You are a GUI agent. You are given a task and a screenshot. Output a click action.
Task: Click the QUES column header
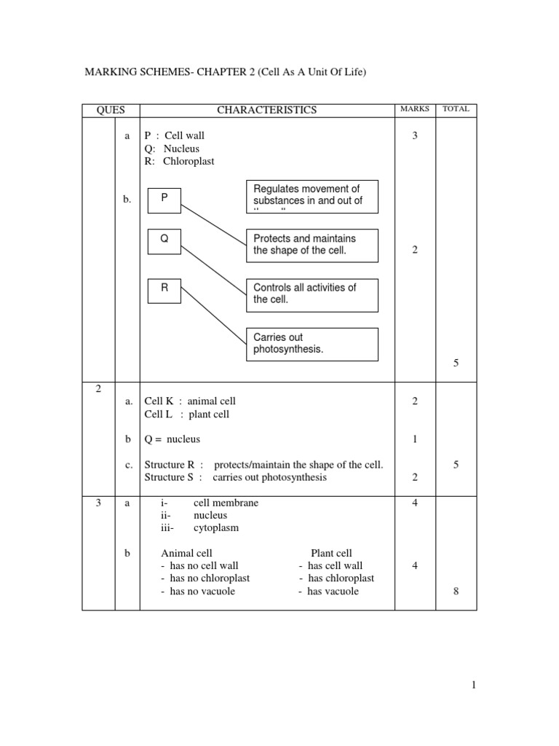pyautogui.click(x=111, y=110)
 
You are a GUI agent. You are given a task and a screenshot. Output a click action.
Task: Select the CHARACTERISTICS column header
pyautogui.click(x=266, y=110)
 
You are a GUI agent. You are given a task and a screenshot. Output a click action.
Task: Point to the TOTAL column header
pyautogui.click(x=456, y=109)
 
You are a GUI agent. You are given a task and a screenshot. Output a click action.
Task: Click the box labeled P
pyautogui.click(x=164, y=200)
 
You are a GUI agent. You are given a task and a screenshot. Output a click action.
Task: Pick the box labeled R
pyautogui.click(x=164, y=289)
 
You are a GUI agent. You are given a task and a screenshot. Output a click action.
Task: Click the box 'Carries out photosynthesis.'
pyautogui.click(x=312, y=344)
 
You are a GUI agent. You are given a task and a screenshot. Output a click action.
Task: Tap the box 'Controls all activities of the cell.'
pyautogui.click(x=312, y=294)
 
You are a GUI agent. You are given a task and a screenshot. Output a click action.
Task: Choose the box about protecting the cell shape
pyautogui.click(x=312, y=245)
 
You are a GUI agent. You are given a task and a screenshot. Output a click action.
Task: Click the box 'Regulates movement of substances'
pyautogui.click(x=312, y=196)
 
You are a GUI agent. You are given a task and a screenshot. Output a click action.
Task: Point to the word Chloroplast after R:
pyautogui.click(x=189, y=162)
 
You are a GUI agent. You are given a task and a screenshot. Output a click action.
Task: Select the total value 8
pyautogui.click(x=456, y=592)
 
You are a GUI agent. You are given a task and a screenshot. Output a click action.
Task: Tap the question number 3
pyautogui.click(x=98, y=503)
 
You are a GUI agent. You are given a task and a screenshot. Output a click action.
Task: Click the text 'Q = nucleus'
pyautogui.click(x=172, y=439)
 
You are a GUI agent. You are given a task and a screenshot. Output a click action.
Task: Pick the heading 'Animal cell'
pyautogui.click(x=186, y=553)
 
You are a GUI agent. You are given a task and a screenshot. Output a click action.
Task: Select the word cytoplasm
pyautogui.click(x=215, y=527)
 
